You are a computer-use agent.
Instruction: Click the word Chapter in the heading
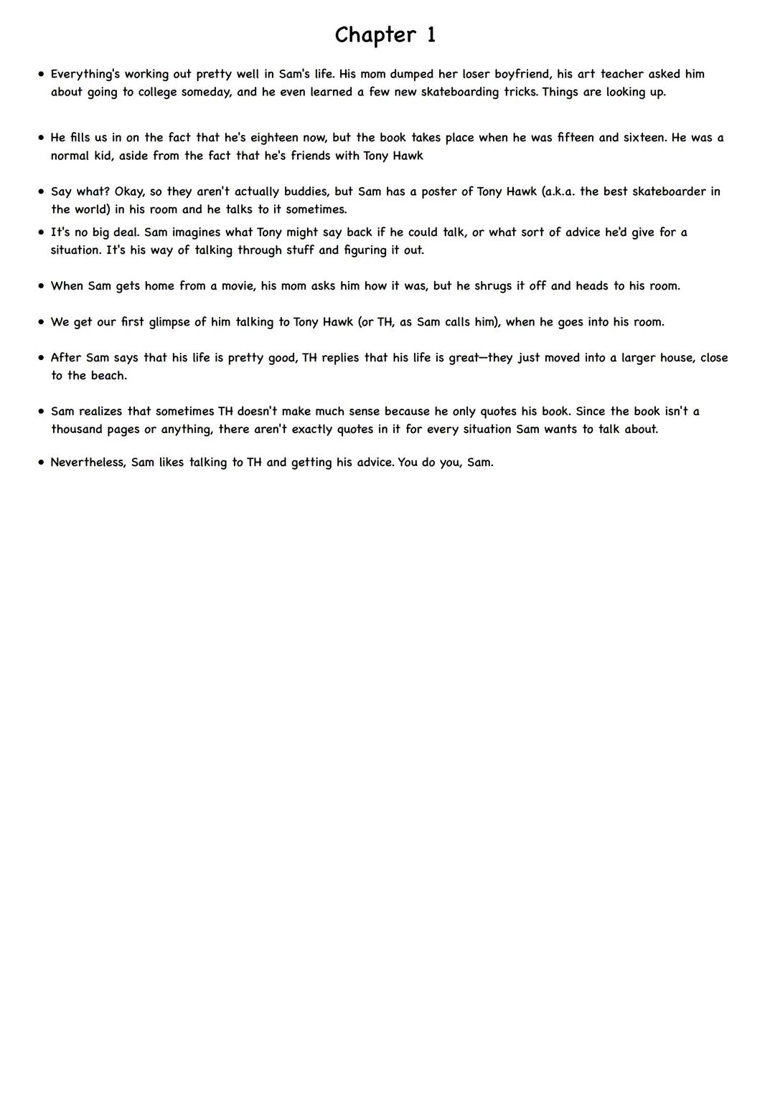(x=375, y=35)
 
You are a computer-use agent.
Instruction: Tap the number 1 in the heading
(x=431, y=35)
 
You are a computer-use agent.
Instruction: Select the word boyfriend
(x=522, y=74)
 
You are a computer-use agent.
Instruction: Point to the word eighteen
(x=274, y=138)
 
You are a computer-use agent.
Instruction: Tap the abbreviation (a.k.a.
(x=559, y=191)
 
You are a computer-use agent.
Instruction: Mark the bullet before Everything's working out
(x=41, y=74)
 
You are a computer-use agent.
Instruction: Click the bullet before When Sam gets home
(x=41, y=286)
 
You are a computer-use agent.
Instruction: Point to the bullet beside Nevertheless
(x=41, y=463)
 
